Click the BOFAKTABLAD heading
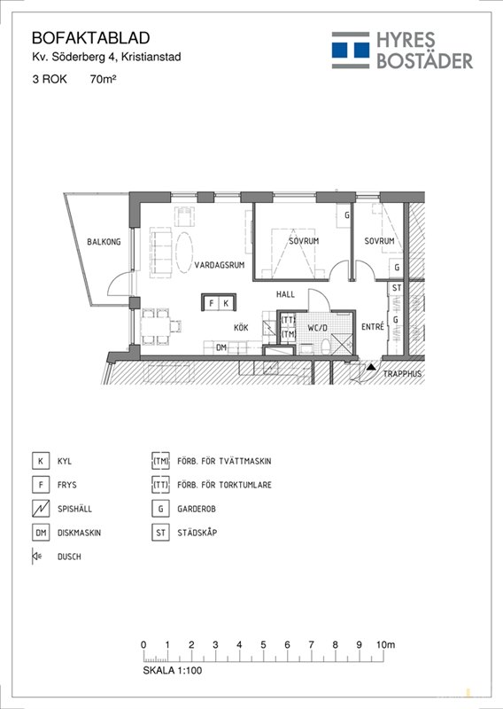pos(91,38)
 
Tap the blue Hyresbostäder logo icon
pos(351,51)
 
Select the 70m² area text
pos(104,79)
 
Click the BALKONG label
pos(104,242)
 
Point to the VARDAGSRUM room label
pos(220,265)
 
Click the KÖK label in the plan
pos(241,328)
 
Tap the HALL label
pos(286,294)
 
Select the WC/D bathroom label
pos(317,328)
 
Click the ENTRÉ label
pos(373,326)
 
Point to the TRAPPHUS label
pos(402,374)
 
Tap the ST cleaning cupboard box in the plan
pos(397,288)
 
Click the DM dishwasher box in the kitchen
pos(221,347)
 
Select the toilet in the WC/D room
pos(325,347)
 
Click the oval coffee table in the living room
pos(184,252)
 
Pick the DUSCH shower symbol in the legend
pos(36,557)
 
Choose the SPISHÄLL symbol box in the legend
pos(41,509)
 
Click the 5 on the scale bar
pos(263,645)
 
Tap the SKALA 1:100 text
pos(173,670)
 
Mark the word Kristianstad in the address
pos(151,58)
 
